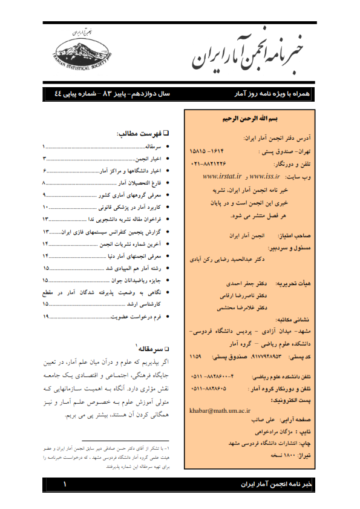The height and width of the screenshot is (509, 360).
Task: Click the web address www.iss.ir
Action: pos(264,177)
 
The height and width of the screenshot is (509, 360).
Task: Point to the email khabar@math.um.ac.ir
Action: pos(221,410)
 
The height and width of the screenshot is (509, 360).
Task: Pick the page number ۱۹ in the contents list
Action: pos(45,316)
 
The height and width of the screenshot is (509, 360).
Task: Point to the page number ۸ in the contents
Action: pos(44,182)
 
